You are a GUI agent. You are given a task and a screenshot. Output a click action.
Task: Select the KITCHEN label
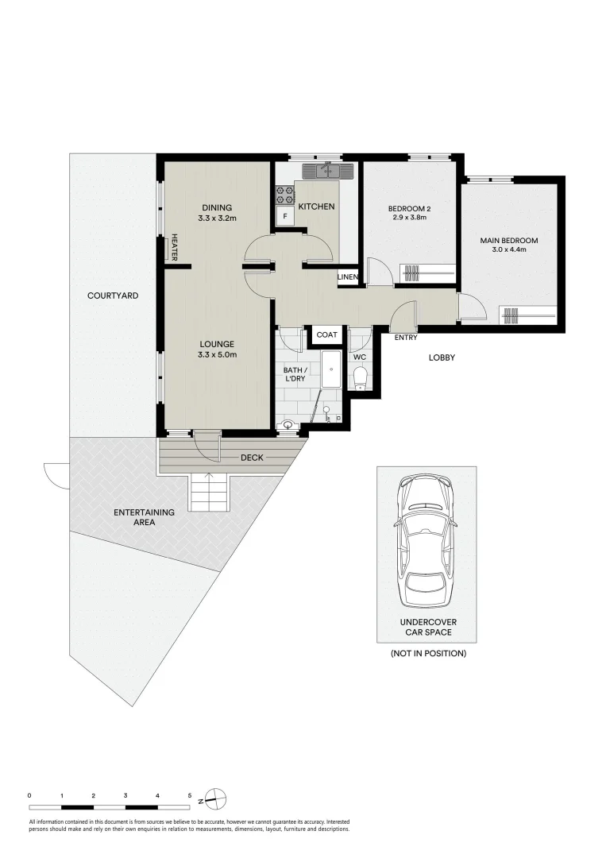316,207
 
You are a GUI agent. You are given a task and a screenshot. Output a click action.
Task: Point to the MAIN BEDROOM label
508,241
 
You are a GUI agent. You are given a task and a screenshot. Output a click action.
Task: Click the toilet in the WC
360,377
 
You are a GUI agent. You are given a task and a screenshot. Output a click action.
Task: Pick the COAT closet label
327,335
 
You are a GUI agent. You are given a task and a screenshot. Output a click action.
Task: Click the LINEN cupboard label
348,276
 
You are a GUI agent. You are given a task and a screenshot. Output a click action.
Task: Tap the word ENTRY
405,338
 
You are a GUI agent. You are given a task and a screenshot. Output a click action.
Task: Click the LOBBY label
442,357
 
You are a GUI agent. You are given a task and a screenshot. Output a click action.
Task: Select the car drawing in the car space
427,540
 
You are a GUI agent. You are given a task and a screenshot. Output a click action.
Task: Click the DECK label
253,458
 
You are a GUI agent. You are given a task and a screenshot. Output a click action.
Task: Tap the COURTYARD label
113,296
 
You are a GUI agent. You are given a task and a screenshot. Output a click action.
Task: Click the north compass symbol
216,797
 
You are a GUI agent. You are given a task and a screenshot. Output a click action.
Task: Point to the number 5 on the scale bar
189,794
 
